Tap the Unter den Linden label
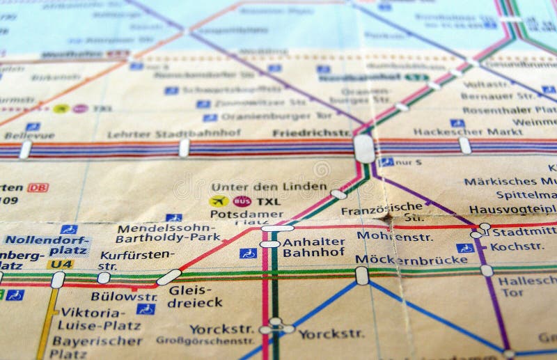tap(269, 187)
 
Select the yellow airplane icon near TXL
tap(218, 201)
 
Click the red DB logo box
tap(38, 188)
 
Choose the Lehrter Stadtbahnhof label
tap(164, 134)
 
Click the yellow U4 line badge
tap(60, 264)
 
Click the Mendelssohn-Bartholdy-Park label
tap(167, 233)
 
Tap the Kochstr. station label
tap(517, 246)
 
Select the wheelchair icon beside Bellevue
tap(33, 127)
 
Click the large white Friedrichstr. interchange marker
tap(363, 148)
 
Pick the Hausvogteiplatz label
tap(512, 209)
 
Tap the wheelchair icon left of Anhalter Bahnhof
tap(248, 253)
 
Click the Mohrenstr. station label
tap(385, 235)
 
